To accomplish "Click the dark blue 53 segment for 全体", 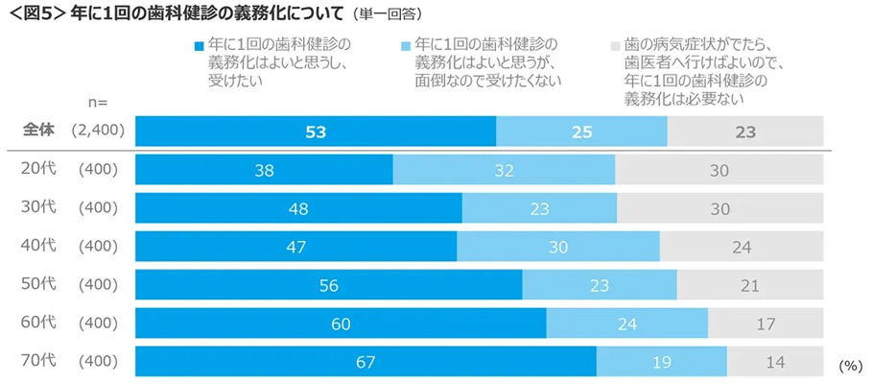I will click(x=316, y=132).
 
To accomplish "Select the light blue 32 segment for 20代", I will click(x=504, y=170).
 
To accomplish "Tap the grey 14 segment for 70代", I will click(x=775, y=362).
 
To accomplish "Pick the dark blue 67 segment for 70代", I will click(x=365, y=362).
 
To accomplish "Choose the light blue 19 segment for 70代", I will click(x=661, y=362).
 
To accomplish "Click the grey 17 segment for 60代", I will click(x=766, y=324).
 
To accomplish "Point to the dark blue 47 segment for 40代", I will click(x=295, y=247).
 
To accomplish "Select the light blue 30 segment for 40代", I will click(x=557, y=247).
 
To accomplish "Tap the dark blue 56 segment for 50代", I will click(x=329, y=285).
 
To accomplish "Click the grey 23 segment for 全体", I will click(x=745, y=132).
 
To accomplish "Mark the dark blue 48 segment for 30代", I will click(x=298, y=208).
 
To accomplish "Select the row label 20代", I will click(x=39, y=169).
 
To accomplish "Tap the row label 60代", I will click(x=39, y=323).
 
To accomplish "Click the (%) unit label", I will click(x=851, y=366).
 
